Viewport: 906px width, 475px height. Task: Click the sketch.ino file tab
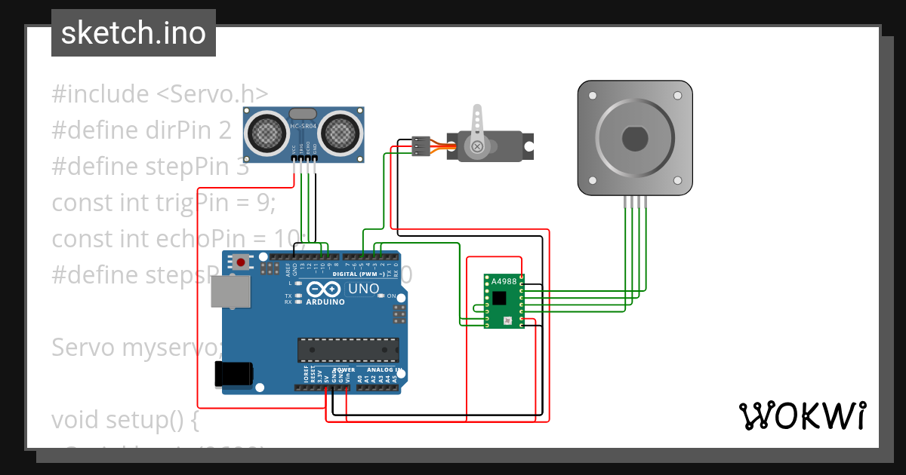coord(133,33)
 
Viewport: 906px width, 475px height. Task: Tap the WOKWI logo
coord(801,415)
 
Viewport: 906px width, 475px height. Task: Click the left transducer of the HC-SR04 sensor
coord(265,133)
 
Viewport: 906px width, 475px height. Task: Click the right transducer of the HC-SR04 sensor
coord(341,133)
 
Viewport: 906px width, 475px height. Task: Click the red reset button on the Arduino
coord(241,262)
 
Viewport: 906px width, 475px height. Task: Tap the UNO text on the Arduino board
coord(362,290)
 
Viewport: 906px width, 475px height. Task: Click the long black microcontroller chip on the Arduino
coord(348,351)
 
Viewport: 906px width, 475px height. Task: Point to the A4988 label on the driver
coord(504,282)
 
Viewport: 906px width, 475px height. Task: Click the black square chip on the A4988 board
coord(500,297)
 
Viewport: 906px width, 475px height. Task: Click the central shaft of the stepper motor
coord(634,139)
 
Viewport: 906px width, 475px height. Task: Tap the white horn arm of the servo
coord(476,124)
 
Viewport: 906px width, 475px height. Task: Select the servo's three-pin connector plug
coord(421,146)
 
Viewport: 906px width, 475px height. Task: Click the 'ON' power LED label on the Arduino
coord(392,296)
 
